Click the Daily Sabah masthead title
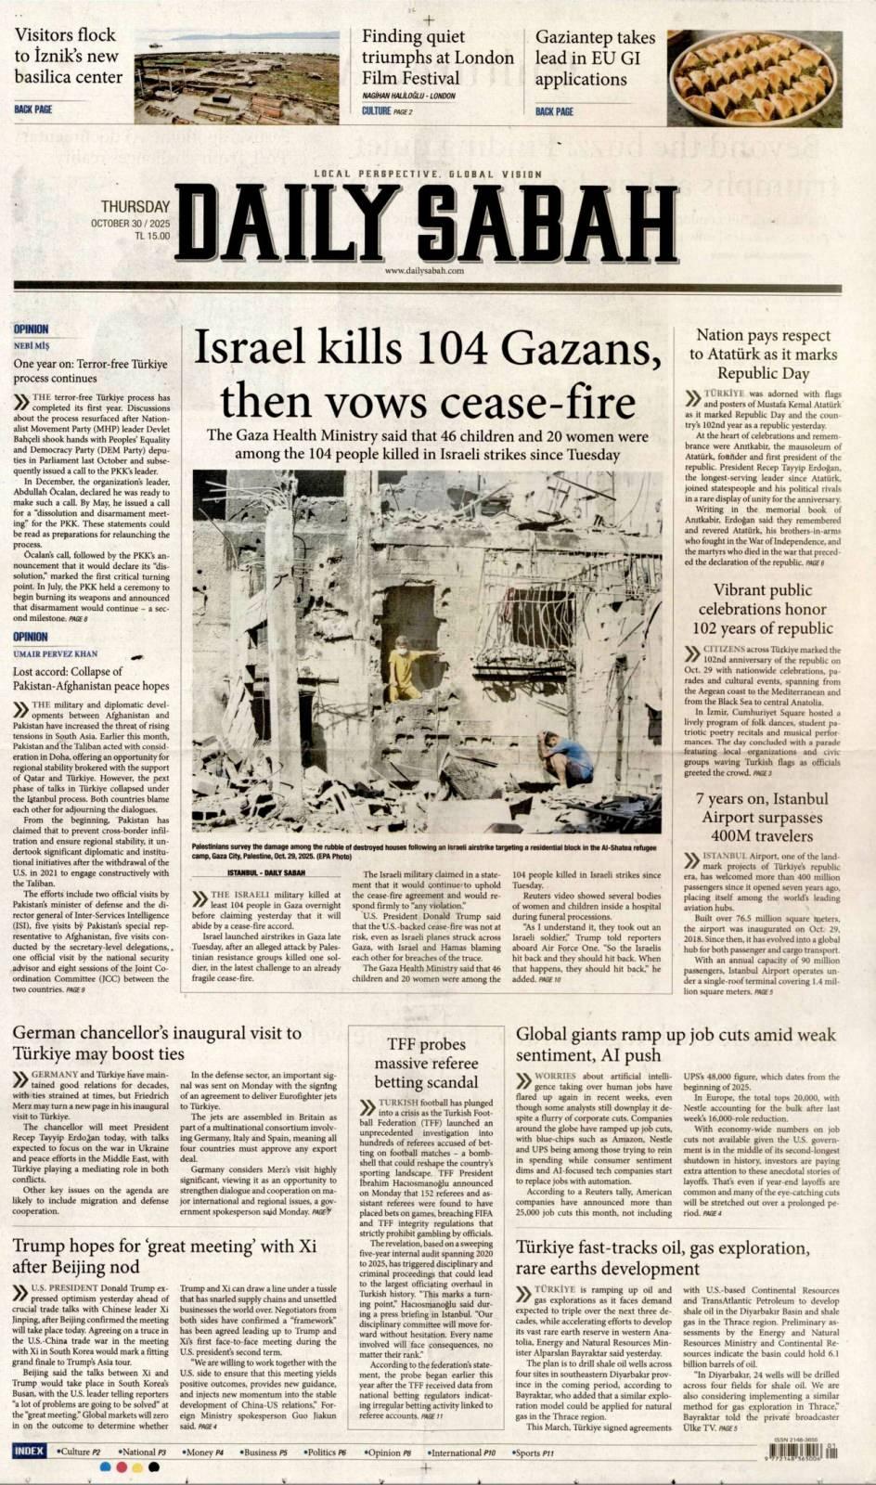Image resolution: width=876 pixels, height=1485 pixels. [x=427, y=222]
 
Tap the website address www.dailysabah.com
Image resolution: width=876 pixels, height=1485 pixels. [x=424, y=270]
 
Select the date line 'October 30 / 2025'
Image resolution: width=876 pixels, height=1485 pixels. [x=131, y=224]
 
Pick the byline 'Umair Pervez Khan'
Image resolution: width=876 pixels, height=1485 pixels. [x=55, y=653]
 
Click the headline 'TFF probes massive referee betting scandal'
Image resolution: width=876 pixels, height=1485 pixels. [x=426, y=1063]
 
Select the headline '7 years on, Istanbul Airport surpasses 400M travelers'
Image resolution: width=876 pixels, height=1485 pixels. [x=761, y=817]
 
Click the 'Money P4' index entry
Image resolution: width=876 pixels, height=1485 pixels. [x=201, y=1452]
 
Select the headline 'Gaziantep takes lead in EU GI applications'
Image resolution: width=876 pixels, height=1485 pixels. [x=595, y=58]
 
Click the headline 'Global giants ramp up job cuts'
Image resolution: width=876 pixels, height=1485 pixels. [x=675, y=1044]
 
